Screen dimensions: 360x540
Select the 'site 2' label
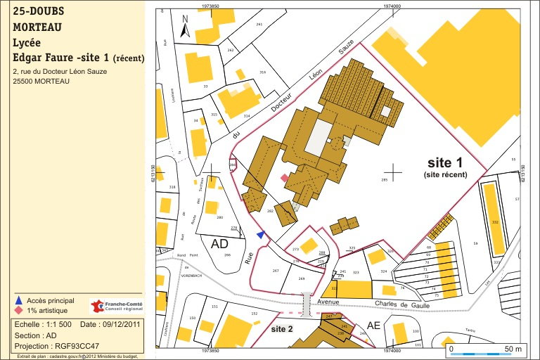pos(282,328)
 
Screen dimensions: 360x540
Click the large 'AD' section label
pos(220,244)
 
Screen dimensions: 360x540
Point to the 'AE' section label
pos(373,325)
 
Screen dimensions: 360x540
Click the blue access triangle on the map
pos(261,235)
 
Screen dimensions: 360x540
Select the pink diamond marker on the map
pos(285,179)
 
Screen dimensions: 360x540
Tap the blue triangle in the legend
pos(19,300)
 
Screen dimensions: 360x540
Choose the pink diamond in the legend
pos(19,310)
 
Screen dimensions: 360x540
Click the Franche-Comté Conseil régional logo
pos(117,307)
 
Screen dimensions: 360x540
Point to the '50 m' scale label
pos(513,349)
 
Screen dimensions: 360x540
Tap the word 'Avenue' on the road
pos(328,302)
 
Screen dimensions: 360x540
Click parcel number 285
pos(385,180)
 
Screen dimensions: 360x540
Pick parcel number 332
pos(495,222)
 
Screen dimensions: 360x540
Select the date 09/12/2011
pos(121,324)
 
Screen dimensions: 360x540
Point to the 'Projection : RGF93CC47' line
pos(57,346)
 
